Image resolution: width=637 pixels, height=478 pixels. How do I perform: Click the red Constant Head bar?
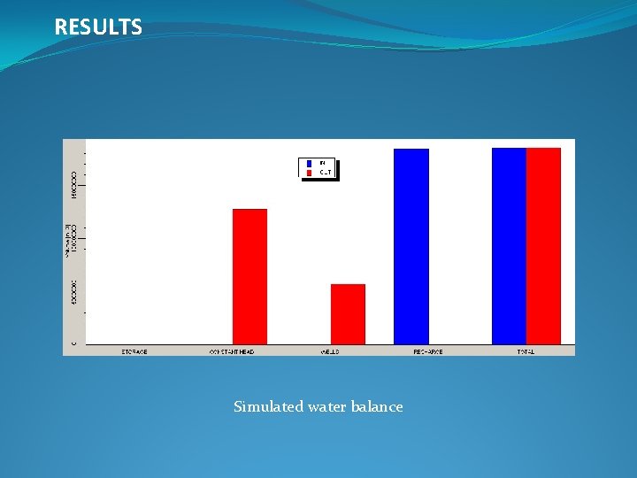click(249, 276)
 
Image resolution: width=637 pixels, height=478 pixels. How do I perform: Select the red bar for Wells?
click(348, 313)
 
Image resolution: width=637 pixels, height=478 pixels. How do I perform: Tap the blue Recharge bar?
click(411, 246)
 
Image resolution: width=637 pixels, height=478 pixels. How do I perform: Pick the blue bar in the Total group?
click(509, 245)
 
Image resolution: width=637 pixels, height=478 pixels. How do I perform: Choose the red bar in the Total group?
click(543, 245)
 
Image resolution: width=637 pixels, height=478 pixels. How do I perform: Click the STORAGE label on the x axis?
click(134, 351)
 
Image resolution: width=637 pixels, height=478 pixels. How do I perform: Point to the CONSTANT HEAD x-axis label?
click(232, 351)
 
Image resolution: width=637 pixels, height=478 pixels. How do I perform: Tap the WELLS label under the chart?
click(330, 351)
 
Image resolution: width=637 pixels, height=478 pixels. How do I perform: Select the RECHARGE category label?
click(428, 351)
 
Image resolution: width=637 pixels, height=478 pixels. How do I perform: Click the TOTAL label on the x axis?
click(526, 351)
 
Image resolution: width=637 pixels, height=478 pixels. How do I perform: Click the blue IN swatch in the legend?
click(310, 164)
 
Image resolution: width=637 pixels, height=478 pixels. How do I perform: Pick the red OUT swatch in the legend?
click(310, 173)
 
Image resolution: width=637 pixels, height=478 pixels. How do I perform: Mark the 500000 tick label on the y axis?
click(74, 294)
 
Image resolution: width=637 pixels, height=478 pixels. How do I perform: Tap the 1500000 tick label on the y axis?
click(74, 183)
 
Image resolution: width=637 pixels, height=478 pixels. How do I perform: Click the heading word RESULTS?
click(98, 27)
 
